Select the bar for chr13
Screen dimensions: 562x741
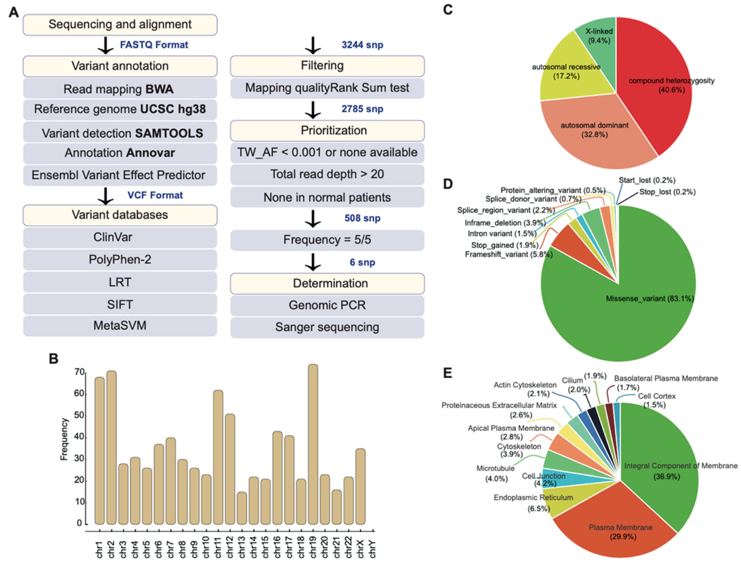point(241,508)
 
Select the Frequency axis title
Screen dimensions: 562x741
point(64,439)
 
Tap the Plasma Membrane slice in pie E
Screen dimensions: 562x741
point(620,530)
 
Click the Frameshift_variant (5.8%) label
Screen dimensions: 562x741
point(509,254)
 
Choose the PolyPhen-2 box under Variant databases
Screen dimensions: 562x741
point(120,260)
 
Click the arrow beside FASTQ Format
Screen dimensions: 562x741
point(105,46)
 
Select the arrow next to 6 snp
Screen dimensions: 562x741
point(313,262)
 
